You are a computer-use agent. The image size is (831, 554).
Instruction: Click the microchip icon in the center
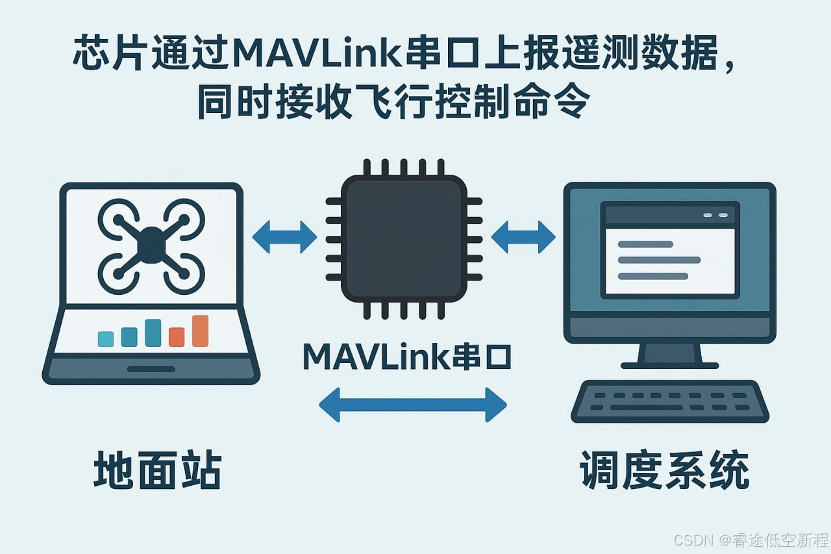coord(403,238)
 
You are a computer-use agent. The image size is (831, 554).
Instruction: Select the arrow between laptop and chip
coord(284,237)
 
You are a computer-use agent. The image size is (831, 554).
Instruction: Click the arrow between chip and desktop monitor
coord(523,236)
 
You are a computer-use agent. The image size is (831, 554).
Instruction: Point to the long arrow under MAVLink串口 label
coord(413,404)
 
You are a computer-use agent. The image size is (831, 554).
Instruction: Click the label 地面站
coord(158,471)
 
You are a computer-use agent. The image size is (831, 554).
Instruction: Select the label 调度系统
coord(664,471)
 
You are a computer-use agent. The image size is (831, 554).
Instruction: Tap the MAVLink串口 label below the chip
coord(407,356)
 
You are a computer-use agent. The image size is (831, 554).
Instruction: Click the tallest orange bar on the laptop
coord(200,331)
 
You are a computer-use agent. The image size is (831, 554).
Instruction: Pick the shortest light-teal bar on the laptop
coord(105,338)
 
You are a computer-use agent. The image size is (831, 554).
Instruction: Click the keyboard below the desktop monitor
coord(669,401)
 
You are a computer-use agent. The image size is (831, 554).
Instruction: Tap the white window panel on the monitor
coord(669,260)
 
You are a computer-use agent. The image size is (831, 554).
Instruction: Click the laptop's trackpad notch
coord(151,369)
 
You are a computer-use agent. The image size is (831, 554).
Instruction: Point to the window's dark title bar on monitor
coord(669,215)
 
